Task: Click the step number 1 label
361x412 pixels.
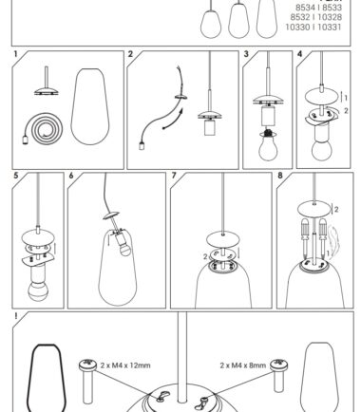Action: coord(15,54)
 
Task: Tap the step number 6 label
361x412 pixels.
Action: coord(71,176)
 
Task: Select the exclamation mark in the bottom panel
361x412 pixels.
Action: coord(15,316)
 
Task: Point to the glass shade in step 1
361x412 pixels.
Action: coord(90,106)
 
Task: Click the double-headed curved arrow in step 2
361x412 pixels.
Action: coord(173,120)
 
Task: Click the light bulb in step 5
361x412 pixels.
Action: coord(37,290)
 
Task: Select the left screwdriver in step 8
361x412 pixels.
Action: coord(305,237)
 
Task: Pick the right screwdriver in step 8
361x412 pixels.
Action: coord(323,237)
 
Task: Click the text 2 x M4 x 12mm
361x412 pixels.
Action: coord(125,365)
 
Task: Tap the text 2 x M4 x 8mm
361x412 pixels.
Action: coord(243,365)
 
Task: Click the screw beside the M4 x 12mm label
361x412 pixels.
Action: coord(87,382)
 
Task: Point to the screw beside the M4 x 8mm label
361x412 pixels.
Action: coord(278,375)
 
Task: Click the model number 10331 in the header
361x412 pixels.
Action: coord(330,28)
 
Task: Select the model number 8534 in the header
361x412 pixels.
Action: coord(307,8)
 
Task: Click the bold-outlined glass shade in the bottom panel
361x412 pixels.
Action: coord(47,378)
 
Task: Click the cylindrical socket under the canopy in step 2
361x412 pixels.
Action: coord(210,127)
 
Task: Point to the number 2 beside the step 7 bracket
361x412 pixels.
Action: coord(205,256)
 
